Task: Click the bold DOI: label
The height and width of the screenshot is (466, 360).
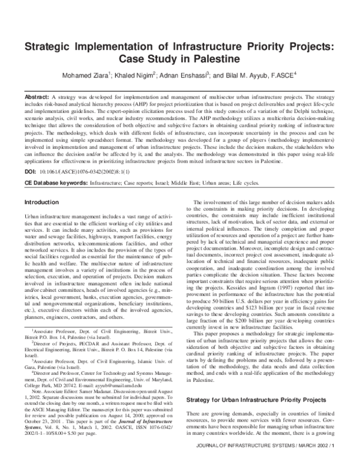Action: point(30,171)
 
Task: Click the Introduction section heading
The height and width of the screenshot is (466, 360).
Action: point(41,202)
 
